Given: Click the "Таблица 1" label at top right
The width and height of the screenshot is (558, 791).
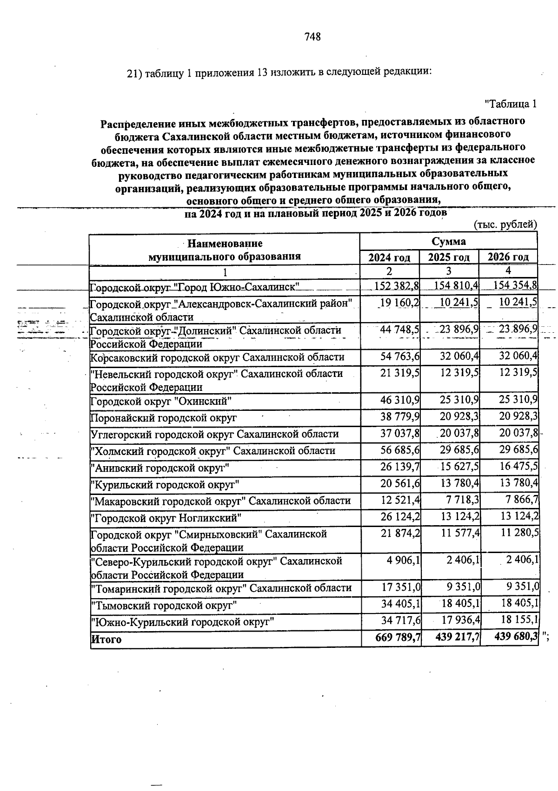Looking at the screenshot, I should coord(511,104).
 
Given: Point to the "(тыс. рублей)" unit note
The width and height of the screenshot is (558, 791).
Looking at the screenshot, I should coord(505,225).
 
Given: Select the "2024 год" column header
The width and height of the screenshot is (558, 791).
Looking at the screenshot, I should coord(389,257).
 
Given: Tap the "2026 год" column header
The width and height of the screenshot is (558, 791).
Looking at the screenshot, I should coord(508,257).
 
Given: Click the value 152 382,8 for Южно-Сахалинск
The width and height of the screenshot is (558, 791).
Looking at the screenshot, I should coord(397,285).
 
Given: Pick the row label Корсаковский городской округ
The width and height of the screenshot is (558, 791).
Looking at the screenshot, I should coord(217,357).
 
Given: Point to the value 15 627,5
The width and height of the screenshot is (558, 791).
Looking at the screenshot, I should coord(459,467).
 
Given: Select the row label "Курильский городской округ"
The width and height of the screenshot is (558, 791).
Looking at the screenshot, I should coord(165,485).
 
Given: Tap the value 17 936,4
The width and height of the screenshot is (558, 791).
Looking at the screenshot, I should coord(459,621).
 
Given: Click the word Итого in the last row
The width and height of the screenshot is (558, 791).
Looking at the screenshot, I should coord(106,639).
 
